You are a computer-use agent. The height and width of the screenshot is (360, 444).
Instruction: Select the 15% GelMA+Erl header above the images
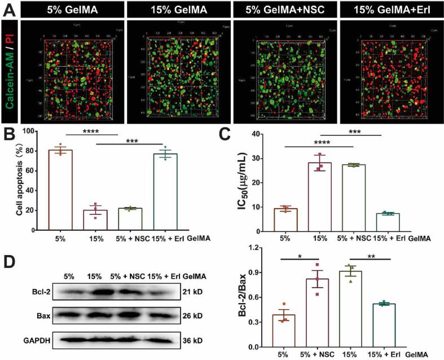click(388, 9)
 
